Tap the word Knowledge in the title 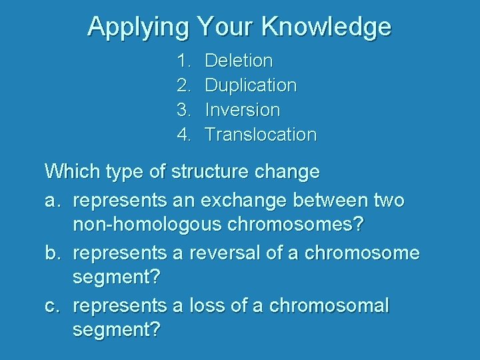click(x=326, y=27)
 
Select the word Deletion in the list click(x=239, y=61)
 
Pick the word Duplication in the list click(x=251, y=85)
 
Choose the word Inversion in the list click(x=242, y=110)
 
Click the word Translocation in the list click(x=261, y=135)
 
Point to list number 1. click(x=183, y=61)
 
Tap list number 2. click(x=183, y=85)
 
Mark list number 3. click(x=183, y=110)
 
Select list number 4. click(x=183, y=135)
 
